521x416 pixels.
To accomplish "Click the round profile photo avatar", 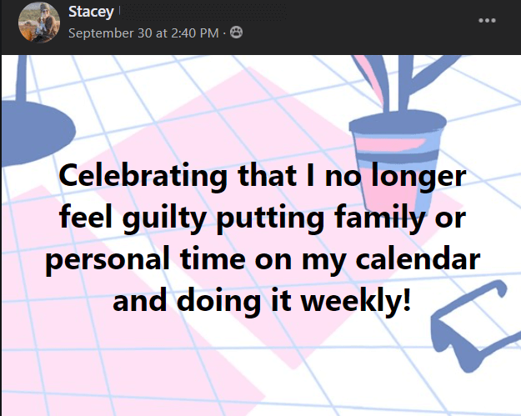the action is point(39,23).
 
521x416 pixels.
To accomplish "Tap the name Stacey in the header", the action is point(91,12).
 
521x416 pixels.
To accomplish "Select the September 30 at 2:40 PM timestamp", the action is point(143,33).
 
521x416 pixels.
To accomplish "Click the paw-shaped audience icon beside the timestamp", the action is point(236,33).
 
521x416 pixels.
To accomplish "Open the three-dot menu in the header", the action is point(487,21).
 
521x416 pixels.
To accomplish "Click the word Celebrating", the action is point(143,177).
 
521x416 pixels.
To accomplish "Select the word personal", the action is point(108,259).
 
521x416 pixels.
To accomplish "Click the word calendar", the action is point(418,258).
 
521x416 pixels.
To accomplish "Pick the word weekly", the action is point(356,301).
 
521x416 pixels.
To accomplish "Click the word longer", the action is point(418,177).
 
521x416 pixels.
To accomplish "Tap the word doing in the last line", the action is point(218,301).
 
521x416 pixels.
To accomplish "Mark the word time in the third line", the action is point(213,258).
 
